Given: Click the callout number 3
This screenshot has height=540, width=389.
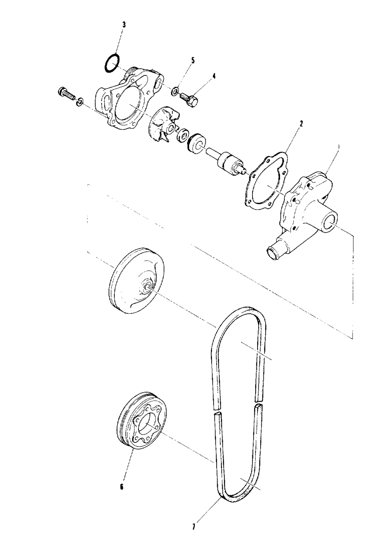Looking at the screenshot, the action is pos(124,24).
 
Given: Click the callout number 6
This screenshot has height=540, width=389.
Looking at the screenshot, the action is pos(122,486).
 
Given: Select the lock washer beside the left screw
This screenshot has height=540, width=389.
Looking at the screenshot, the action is pos(79,101).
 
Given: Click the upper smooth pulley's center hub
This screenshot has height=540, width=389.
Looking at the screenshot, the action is pos(147,288).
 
